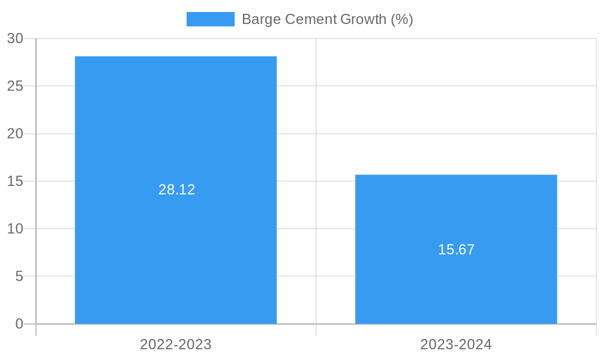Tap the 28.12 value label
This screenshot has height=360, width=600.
pyautogui.click(x=177, y=190)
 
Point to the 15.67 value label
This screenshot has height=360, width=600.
pyautogui.click(x=456, y=250)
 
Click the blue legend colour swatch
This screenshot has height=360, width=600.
pyautogui.click(x=210, y=19)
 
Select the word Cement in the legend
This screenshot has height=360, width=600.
pyautogui.click(x=311, y=19)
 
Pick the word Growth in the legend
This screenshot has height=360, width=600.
pyautogui.click(x=363, y=19)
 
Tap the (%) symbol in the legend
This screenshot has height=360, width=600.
pyautogui.click(x=402, y=19)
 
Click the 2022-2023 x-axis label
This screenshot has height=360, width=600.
pyautogui.click(x=176, y=344)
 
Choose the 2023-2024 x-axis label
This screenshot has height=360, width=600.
pyautogui.click(x=456, y=344)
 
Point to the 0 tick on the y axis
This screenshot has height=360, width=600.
pyautogui.click(x=19, y=324)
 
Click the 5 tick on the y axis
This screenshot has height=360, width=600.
pyautogui.click(x=19, y=277)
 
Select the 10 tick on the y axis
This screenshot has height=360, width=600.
pyautogui.click(x=15, y=229)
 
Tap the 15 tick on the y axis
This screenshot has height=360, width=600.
pyautogui.click(x=15, y=181)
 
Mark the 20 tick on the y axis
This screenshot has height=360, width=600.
pyautogui.click(x=15, y=134)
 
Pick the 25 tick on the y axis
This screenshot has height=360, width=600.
pyautogui.click(x=15, y=86)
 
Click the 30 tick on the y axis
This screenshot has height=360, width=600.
pyautogui.click(x=15, y=38)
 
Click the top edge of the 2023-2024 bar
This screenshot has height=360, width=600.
pyautogui.click(x=456, y=175)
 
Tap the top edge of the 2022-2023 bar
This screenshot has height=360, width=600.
pyautogui.click(x=176, y=56)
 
